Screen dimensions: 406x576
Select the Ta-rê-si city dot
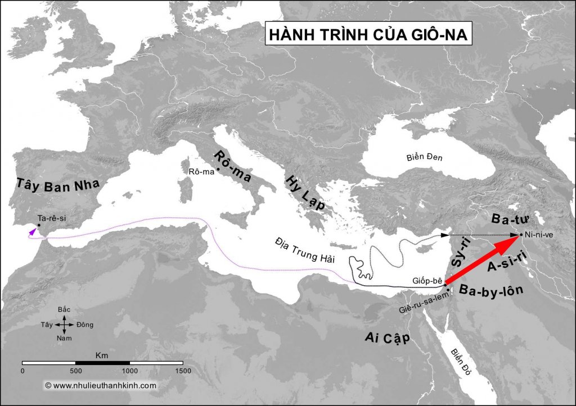tap(38, 225)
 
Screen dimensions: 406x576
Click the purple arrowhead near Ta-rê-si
tap(31, 231)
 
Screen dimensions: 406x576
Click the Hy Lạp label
tap(306, 191)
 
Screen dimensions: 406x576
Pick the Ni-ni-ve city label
tap(541, 235)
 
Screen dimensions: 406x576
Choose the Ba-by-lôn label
tap(491, 291)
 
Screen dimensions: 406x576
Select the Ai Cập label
tap(385, 338)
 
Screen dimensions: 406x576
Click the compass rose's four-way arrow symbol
tap(65, 325)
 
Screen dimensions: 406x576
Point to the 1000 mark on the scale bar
tap(130, 371)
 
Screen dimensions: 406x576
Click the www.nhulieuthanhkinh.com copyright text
tap(100, 385)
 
